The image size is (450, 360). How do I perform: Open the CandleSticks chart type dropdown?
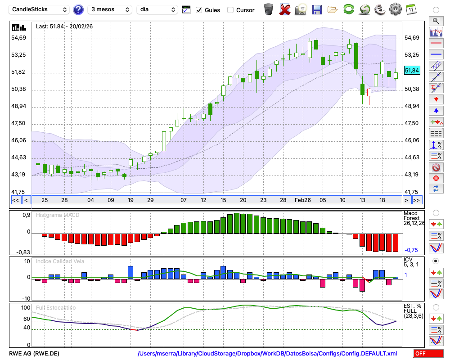40,9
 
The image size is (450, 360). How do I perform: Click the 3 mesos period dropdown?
110,9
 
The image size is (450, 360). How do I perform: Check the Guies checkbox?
199,10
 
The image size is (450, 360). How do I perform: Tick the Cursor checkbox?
230,10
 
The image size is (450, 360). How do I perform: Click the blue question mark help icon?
78,9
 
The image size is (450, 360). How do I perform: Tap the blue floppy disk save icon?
317,9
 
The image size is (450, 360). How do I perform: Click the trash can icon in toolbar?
269,9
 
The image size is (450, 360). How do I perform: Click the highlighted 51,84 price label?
412,71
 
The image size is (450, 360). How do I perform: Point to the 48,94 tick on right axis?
412,106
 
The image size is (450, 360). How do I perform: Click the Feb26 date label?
303,200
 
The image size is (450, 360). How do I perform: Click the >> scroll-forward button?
417,200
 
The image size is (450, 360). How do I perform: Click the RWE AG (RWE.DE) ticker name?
34,354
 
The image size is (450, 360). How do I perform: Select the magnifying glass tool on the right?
436,21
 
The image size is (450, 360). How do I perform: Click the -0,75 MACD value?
411,250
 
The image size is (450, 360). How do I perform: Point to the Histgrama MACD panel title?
58,215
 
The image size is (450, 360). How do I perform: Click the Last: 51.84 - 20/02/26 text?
64,27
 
